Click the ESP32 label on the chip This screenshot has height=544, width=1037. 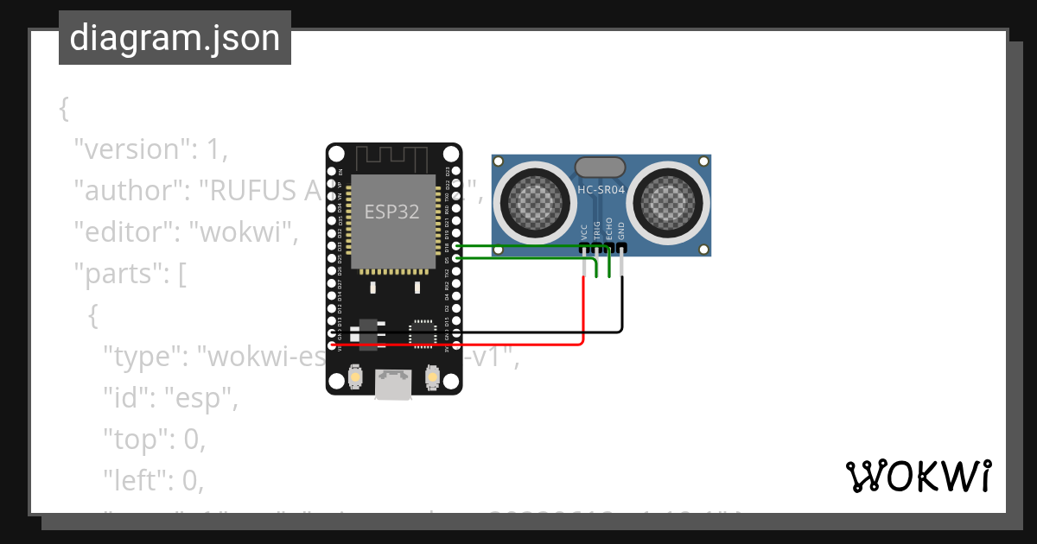392,212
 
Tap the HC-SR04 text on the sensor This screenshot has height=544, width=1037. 601,189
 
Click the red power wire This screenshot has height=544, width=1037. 484,345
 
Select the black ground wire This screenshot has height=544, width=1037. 536,332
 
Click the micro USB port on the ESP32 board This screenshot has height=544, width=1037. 394,383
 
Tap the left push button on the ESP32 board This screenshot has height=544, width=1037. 355,377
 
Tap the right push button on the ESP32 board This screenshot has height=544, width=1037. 433,377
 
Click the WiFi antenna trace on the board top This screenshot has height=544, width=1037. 393,158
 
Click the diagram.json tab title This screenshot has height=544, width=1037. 175,38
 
